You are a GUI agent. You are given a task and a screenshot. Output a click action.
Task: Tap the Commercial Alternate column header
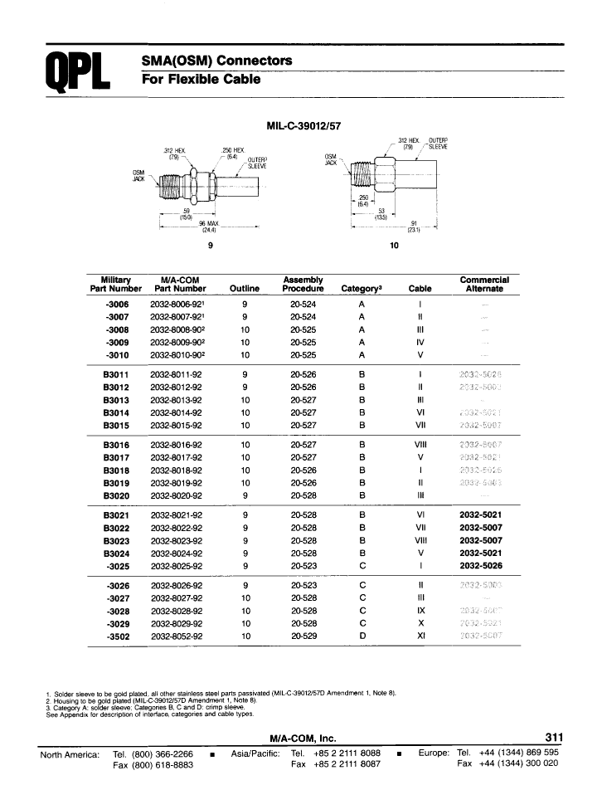coord(484,284)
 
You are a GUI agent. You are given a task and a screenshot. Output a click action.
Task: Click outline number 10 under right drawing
coord(393,246)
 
